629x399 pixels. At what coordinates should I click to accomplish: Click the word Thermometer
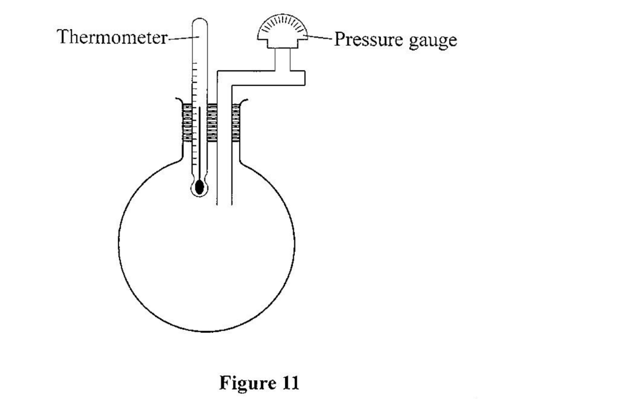tap(111, 37)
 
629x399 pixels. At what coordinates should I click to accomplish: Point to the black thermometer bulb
tap(200, 187)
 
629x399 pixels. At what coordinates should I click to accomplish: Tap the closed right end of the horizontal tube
tap(304, 78)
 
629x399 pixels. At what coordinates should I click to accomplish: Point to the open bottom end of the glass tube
tap(225, 204)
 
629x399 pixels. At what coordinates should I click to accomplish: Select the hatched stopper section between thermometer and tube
tap(212, 122)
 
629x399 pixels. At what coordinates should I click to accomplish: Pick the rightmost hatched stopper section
tap(236, 122)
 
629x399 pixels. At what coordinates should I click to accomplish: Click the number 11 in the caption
tap(288, 383)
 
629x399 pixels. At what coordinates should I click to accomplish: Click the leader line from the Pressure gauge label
tap(320, 38)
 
